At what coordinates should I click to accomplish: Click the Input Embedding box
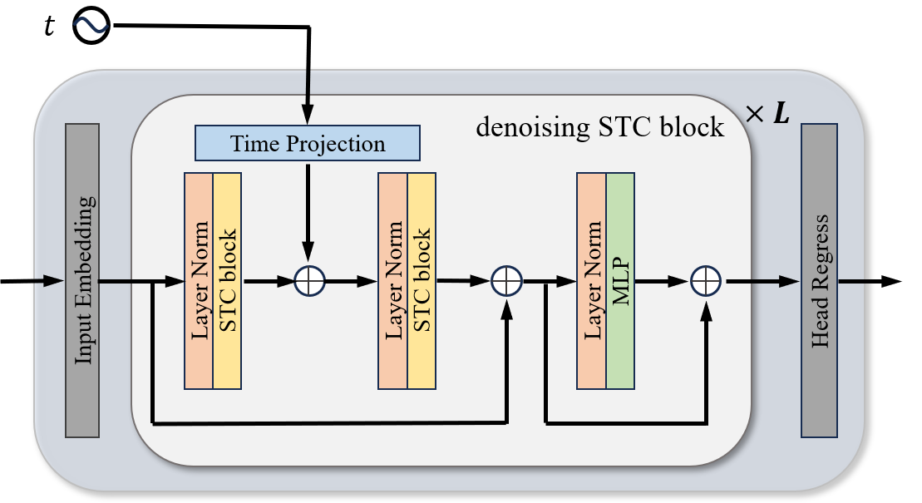[x=82, y=280]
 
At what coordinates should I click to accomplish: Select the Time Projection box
[x=308, y=143]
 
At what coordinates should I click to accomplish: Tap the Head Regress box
[x=819, y=280]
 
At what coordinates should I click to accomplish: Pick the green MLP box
[x=620, y=281]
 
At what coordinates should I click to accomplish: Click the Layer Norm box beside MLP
[x=591, y=281]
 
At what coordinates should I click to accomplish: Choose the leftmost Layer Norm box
[x=199, y=281]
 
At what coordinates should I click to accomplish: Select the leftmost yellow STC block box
[x=227, y=281]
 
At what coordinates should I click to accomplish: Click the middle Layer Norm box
[x=393, y=281]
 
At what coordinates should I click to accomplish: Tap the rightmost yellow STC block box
[x=422, y=281]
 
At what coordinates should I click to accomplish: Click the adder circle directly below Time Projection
[x=308, y=281]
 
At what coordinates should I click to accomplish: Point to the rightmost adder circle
[x=705, y=281]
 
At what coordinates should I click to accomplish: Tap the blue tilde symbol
[x=90, y=25]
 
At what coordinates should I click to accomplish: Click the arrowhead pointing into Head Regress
[x=791, y=281]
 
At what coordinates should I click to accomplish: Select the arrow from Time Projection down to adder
[x=308, y=208]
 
